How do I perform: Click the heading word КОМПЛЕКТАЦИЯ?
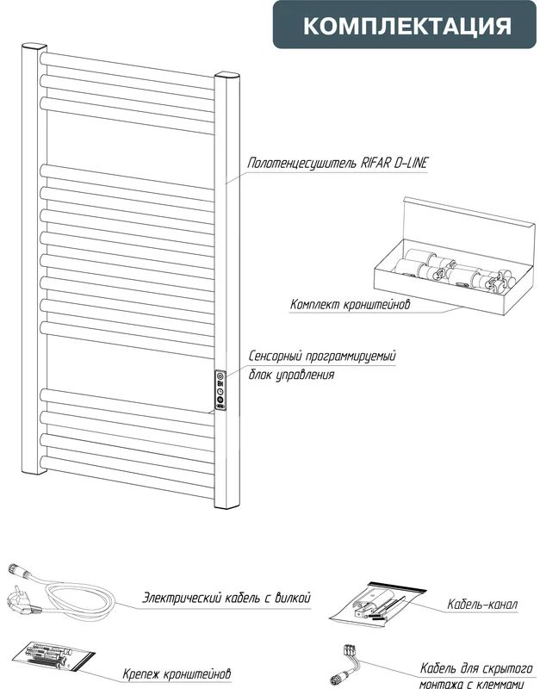[x=407, y=26]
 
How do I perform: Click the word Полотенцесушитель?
[x=301, y=164]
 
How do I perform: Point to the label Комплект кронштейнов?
[x=351, y=305]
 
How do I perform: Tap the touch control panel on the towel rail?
[x=220, y=391]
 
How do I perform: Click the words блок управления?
[x=291, y=375]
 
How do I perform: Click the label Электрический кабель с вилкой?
[x=227, y=598]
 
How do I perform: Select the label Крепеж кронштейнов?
[x=177, y=673]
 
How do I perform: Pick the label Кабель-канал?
[x=482, y=605]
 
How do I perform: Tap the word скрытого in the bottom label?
[x=507, y=669]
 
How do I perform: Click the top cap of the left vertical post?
[x=34, y=46]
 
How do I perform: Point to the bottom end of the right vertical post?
[x=227, y=506]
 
